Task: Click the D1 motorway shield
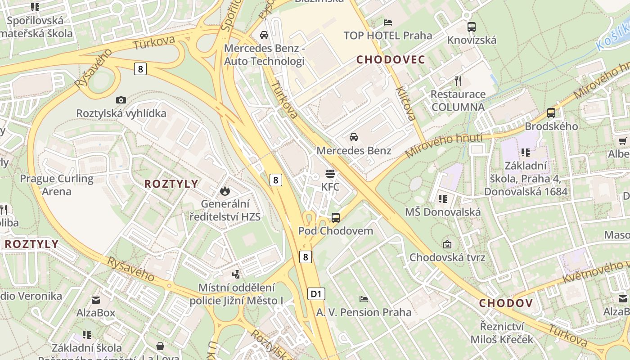click(x=316, y=294)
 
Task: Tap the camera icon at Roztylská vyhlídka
click(x=121, y=100)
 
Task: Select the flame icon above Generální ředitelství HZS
click(x=225, y=191)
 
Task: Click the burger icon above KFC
click(x=330, y=174)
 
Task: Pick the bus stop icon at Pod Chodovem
click(x=336, y=218)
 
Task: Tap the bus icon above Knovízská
click(x=471, y=27)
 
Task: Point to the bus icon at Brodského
click(x=551, y=113)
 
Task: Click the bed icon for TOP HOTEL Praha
click(x=388, y=22)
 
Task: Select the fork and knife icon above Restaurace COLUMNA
click(x=458, y=81)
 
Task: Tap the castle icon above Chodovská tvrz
click(x=447, y=244)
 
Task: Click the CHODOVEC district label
click(x=391, y=59)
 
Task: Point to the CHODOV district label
click(x=506, y=303)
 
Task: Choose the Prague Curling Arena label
click(x=57, y=185)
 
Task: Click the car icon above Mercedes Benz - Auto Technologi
click(x=264, y=35)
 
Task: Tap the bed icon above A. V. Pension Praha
click(x=363, y=299)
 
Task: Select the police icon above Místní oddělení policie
click(x=236, y=274)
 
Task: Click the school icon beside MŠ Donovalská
click(x=443, y=198)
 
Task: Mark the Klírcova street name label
click(x=405, y=103)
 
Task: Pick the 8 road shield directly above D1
click(x=306, y=257)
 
